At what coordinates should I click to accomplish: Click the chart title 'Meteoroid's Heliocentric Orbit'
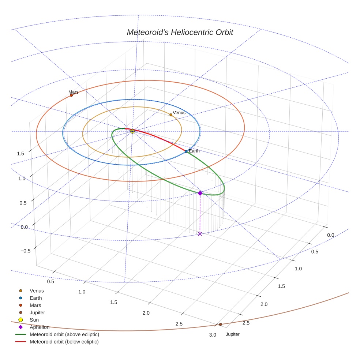click(180, 32)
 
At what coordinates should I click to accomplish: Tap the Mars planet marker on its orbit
click(71, 95)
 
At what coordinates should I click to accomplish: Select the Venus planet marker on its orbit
click(171, 115)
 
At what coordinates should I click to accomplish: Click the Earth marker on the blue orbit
click(186, 151)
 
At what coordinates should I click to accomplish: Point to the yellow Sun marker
click(132, 131)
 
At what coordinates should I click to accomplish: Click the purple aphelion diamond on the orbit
click(200, 193)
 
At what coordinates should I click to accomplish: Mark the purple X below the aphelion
click(200, 234)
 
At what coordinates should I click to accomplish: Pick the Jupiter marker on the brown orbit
click(220, 324)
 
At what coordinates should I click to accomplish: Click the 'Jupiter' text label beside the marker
click(233, 334)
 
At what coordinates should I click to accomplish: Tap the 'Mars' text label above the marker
click(73, 92)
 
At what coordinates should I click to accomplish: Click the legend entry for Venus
click(37, 291)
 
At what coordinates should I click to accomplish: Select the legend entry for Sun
click(34, 320)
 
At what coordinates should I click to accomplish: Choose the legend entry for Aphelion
click(40, 327)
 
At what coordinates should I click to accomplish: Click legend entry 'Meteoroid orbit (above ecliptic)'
click(64, 334)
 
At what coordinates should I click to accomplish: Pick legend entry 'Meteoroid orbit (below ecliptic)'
click(64, 342)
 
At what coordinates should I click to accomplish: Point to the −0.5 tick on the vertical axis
click(25, 251)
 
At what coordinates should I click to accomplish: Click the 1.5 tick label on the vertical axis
click(20, 153)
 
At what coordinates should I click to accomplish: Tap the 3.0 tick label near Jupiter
click(212, 335)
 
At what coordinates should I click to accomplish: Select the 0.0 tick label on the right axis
click(330, 235)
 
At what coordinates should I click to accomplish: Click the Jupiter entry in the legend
click(37, 313)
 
